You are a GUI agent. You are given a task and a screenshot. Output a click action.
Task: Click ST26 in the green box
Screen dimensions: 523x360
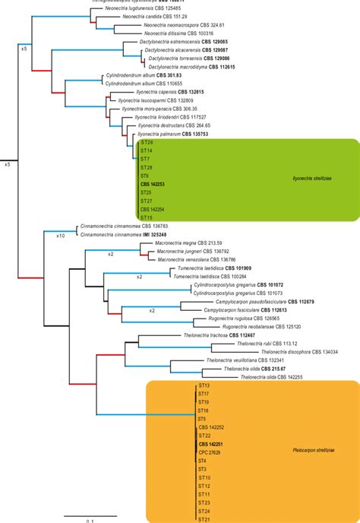coord(147,143)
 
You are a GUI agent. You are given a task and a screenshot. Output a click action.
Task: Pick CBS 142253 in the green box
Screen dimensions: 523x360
coord(153,184)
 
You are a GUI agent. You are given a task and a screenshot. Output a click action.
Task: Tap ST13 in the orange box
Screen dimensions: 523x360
coord(204,387)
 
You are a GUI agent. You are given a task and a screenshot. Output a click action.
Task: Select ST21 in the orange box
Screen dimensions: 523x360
coord(204,519)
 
